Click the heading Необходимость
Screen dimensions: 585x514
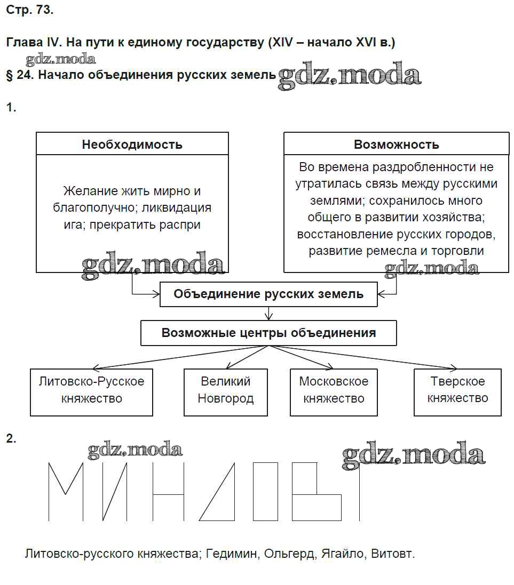coord(132,144)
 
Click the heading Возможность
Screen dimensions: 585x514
coord(396,144)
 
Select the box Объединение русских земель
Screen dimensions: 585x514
coord(268,294)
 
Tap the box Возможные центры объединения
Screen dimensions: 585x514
coord(268,333)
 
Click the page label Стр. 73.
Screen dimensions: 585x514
coord(30,10)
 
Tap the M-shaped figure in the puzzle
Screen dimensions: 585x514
coord(66,491)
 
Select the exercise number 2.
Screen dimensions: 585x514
coord(11,438)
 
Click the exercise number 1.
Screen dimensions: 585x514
coord(11,108)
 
